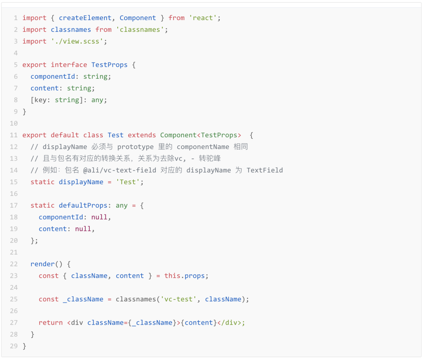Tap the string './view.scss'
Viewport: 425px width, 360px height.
coord(79,41)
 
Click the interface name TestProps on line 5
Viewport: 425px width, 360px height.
coord(109,65)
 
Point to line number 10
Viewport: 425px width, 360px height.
coord(14,124)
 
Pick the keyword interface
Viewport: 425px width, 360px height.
coord(69,65)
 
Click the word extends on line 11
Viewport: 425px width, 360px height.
coord(142,135)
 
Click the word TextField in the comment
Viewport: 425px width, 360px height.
coord(264,170)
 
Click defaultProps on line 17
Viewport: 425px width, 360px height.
coord(83,205)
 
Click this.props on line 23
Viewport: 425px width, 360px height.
coord(185,276)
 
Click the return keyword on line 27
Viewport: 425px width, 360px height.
coord(51,323)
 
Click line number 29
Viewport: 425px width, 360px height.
coord(14,346)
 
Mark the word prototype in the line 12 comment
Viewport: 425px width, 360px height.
coord(135,147)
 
